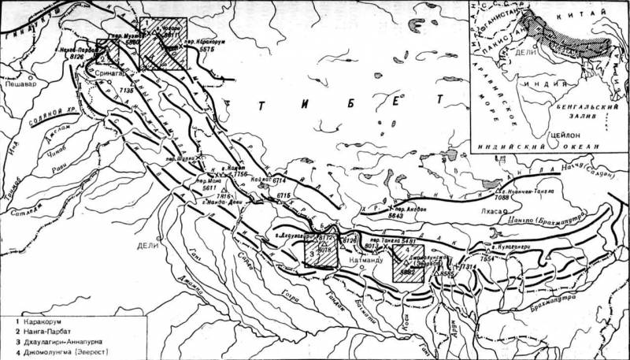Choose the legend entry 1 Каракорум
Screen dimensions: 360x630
[38, 324]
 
